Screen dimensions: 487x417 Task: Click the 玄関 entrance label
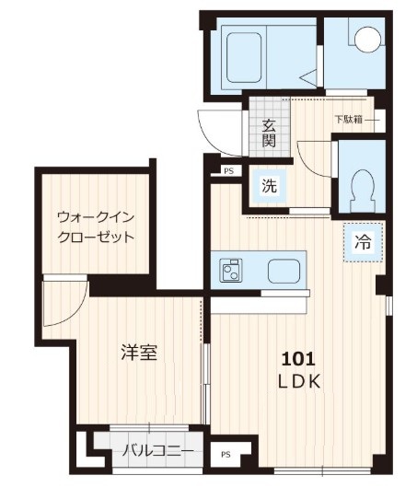click(269, 133)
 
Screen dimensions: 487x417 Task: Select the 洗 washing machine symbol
click(269, 184)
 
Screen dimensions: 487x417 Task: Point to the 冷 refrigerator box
click(364, 244)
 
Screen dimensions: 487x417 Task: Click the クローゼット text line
click(95, 237)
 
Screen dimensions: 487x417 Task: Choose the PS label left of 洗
click(228, 170)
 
